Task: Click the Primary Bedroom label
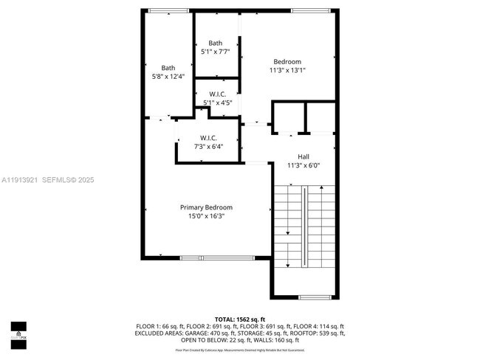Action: pos(206,207)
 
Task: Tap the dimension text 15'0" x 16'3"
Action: pos(206,216)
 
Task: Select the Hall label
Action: pos(303,156)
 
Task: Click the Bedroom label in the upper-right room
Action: pos(287,61)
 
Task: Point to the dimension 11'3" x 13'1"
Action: pos(287,70)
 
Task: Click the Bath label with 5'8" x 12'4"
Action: pos(168,67)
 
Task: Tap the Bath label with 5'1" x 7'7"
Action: pos(216,43)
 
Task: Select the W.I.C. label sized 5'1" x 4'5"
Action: pos(216,94)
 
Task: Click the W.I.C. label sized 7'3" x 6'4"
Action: pos(207,138)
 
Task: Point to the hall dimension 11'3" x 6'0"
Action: pos(303,165)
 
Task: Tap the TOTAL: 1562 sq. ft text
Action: pos(240,318)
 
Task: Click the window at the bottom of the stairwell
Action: pos(315,297)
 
